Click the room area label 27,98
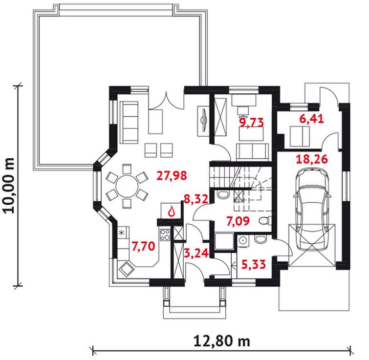pyautogui.click(x=172, y=176)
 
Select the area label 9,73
pyautogui.click(x=251, y=122)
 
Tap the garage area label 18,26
pyautogui.click(x=312, y=159)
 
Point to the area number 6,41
pyautogui.click(x=311, y=119)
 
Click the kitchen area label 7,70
pyautogui.click(x=143, y=246)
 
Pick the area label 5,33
pyautogui.click(x=254, y=264)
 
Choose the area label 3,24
pyautogui.click(x=196, y=253)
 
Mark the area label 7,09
pyautogui.click(x=238, y=221)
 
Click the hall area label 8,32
pyautogui.click(x=196, y=199)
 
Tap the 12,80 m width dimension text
pyautogui.click(x=222, y=341)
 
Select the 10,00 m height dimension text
pyautogui.click(x=10, y=186)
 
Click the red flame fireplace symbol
pyautogui.click(x=171, y=211)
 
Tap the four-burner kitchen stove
pyautogui.click(x=165, y=234)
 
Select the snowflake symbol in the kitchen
pyautogui.click(x=121, y=233)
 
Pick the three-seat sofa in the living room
pyautogui.click(x=129, y=122)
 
